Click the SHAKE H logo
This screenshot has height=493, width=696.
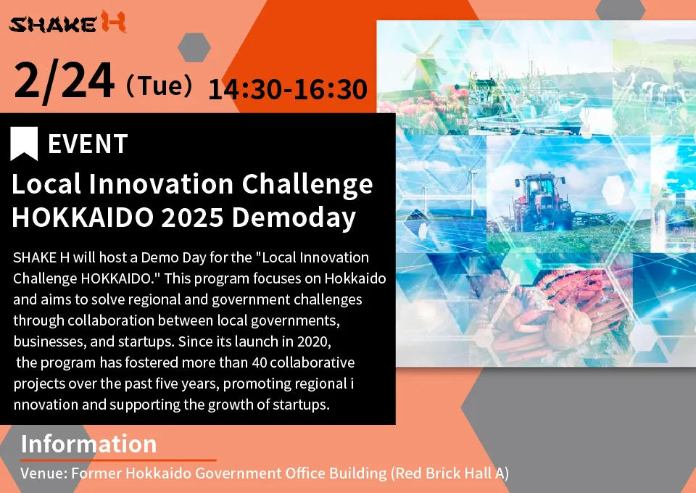[x=67, y=22]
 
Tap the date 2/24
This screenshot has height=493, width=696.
[x=64, y=81]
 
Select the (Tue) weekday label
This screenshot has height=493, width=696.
[x=159, y=86]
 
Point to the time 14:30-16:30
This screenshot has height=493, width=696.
[x=288, y=89]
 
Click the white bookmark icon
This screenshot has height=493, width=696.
[x=24, y=144]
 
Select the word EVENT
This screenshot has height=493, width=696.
[x=88, y=144]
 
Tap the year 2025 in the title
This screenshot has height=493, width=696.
[x=191, y=217]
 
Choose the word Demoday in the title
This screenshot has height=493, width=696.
[x=294, y=218]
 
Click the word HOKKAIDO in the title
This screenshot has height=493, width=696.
[x=83, y=217]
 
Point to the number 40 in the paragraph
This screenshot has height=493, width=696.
[x=259, y=362]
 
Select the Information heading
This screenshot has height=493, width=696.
[x=88, y=443]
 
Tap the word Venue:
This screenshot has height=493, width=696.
[x=44, y=473]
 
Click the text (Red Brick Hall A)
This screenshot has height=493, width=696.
[x=449, y=473]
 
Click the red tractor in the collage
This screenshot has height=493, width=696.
[x=542, y=202]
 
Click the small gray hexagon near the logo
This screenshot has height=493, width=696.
[x=194, y=47]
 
